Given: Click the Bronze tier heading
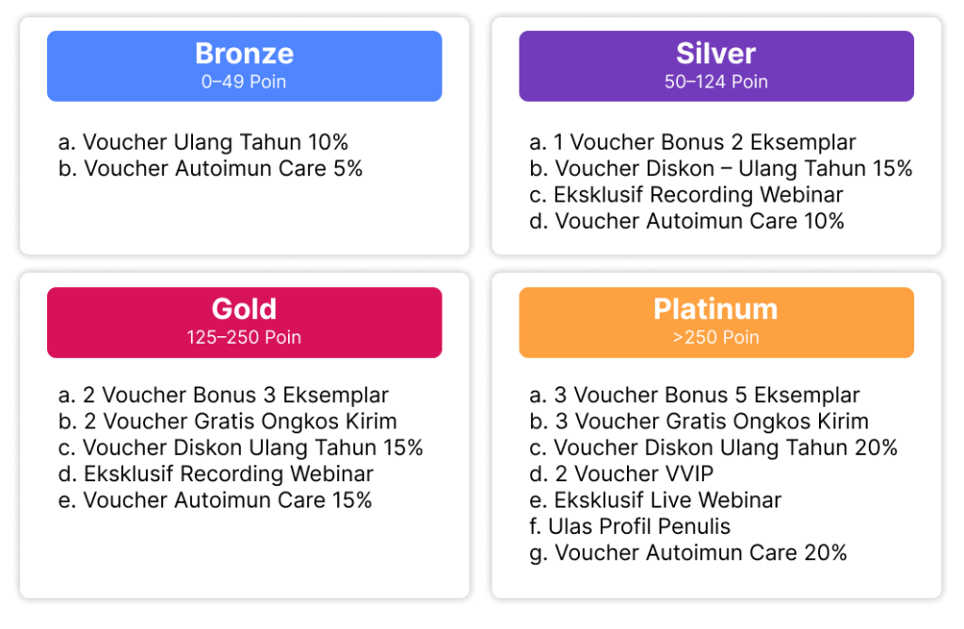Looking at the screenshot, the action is pos(244,54).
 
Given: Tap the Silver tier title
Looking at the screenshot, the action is pos(715,54).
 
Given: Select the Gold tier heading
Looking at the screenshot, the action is pos(244,309).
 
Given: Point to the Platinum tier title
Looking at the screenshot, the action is pos(715,309).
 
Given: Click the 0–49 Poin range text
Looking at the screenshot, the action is pos(244,82).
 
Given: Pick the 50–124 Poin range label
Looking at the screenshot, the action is pos(715,82).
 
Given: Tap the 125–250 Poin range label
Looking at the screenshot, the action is pos(244,337).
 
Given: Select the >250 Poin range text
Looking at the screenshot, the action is pos(715,337).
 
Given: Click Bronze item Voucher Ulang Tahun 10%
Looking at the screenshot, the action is pos(203,142).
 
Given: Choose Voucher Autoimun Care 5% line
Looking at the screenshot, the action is pos(210,169).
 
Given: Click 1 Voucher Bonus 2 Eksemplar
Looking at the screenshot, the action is pos(692,142).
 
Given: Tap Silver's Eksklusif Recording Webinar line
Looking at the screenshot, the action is pos(686,195).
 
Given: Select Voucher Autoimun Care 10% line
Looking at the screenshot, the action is pos(686,221).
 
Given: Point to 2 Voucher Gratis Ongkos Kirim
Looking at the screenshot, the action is pos(228,422).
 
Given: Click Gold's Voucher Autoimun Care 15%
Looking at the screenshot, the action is pos(215,501).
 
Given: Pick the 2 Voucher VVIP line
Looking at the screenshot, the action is pos(621,474).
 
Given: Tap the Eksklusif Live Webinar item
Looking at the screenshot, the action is pos(655,501).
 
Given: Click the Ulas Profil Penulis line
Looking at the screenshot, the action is pos(630,527).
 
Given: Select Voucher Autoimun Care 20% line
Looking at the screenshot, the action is pos(688,554).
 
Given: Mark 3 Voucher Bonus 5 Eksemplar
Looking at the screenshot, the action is pos(694,395).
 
